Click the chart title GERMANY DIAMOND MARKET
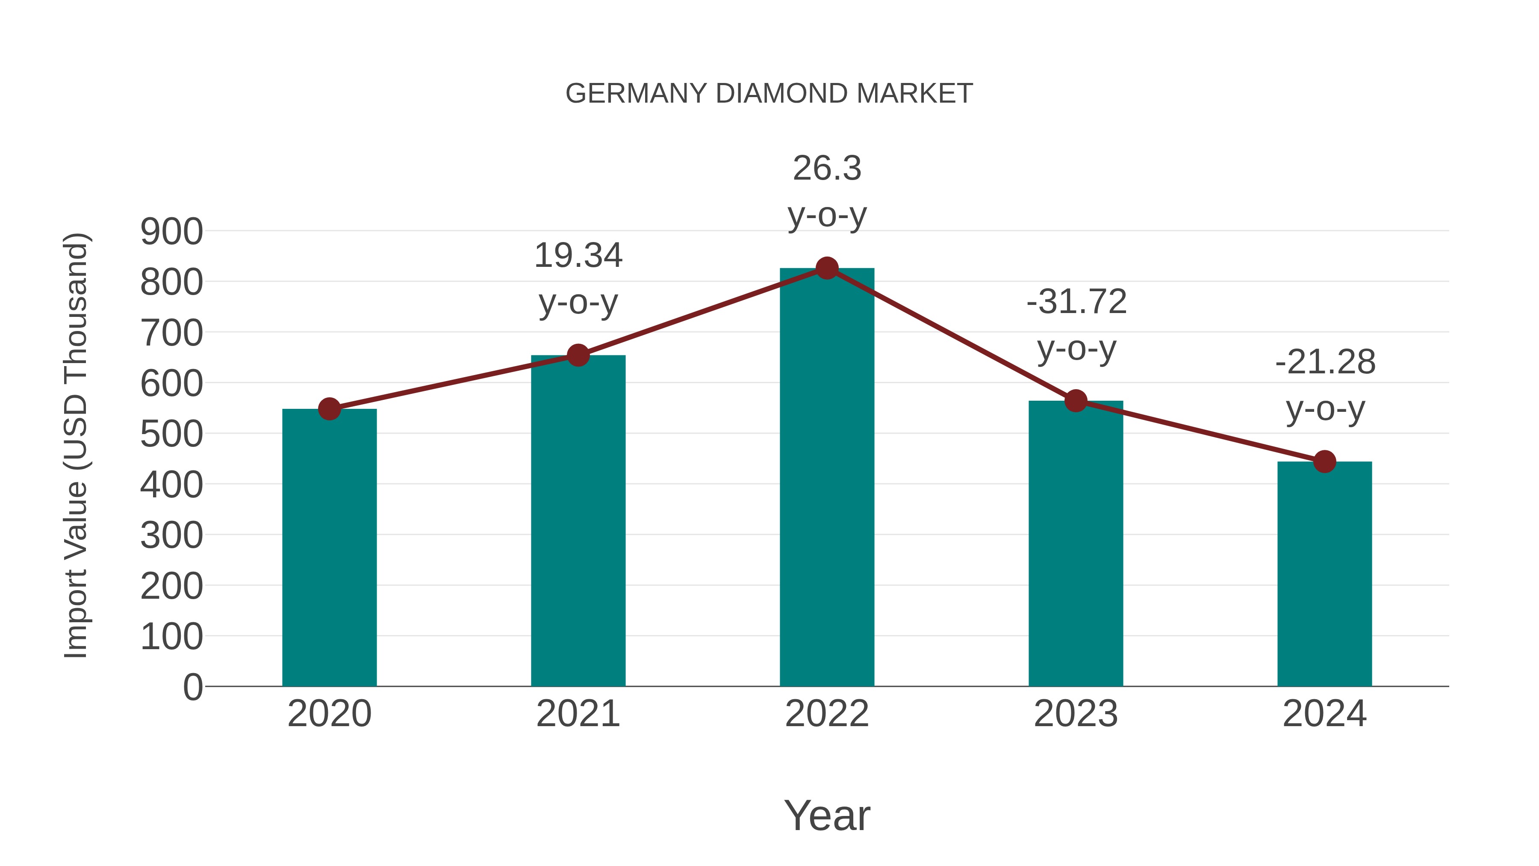[x=769, y=94]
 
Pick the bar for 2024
[x=1324, y=574]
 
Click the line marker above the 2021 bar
[x=578, y=356]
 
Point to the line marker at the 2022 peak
[x=827, y=268]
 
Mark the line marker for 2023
[x=1076, y=401]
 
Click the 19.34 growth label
[x=578, y=256]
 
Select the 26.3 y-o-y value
[x=827, y=168]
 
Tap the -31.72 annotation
[x=1076, y=302]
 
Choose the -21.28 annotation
[x=1324, y=362]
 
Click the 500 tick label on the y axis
[x=171, y=434]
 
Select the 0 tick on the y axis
[x=193, y=687]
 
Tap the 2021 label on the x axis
[x=578, y=714]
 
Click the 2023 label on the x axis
[x=1076, y=714]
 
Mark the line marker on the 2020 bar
[x=329, y=409]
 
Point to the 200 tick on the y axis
[x=171, y=586]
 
